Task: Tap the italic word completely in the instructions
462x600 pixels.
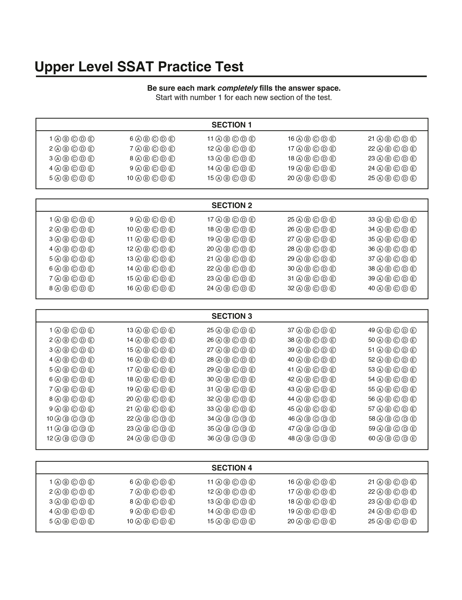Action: pyautogui.click(x=237, y=88)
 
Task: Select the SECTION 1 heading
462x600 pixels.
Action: pyautogui.click(x=232, y=125)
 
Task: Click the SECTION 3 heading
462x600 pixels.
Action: pyautogui.click(x=232, y=316)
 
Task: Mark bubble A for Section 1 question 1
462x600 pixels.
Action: pyautogui.click(x=57, y=139)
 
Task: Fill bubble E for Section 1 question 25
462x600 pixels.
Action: pyautogui.click(x=413, y=178)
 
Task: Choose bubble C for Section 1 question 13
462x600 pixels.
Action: pyautogui.click(x=235, y=159)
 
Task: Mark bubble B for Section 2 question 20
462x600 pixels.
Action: pyautogui.click(x=227, y=249)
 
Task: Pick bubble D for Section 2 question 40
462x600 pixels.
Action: pyautogui.click(x=405, y=288)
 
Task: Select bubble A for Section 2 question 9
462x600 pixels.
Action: pyautogui.click(x=138, y=219)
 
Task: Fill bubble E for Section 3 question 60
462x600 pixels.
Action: pyautogui.click(x=413, y=438)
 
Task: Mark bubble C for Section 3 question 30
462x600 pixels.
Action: pyautogui.click(x=235, y=379)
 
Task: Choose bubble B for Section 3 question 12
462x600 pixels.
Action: pyautogui.click(x=66, y=438)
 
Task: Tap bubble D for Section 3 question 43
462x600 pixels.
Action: pyautogui.click(x=324, y=389)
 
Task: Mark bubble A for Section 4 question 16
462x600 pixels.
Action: pyautogui.click(x=299, y=482)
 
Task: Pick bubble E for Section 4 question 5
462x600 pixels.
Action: pyautogui.click(x=91, y=521)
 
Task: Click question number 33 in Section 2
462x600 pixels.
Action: pyautogui.click(x=371, y=219)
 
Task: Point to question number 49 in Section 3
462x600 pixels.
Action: pyautogui.click(x=371, y=330)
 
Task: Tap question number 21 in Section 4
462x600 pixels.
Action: pyautogui.click(x=371, y=482)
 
